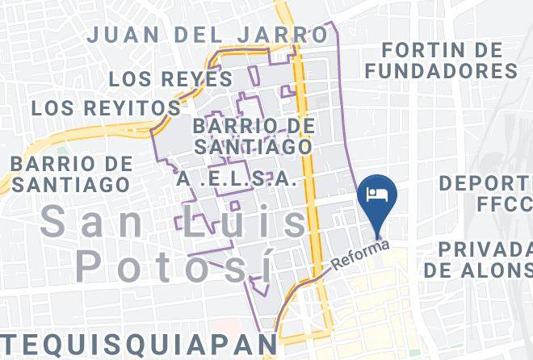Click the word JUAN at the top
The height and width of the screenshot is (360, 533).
125,35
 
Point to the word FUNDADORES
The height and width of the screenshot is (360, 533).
441,71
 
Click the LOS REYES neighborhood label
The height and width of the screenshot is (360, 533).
170,79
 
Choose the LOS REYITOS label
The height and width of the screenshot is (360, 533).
106,107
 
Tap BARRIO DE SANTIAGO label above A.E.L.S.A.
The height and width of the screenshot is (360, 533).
253,137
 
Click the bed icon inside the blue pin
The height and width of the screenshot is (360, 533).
378,194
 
